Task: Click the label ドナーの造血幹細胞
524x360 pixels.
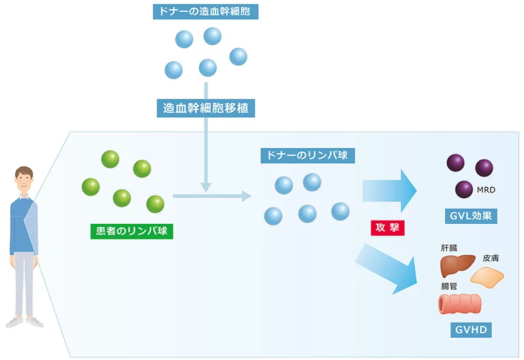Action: point(206,11)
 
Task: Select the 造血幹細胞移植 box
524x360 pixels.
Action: point(206,107)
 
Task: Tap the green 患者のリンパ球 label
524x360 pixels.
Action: point(132,230)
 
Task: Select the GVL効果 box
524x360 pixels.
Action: point(468,216)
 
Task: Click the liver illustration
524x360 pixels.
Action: point(457,266)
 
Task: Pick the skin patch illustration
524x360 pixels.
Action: point(488,277)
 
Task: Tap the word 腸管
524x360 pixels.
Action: point(449,286)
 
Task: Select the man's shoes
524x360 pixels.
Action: point(24,322)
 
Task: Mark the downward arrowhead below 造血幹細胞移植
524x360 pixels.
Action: point(206,188)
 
